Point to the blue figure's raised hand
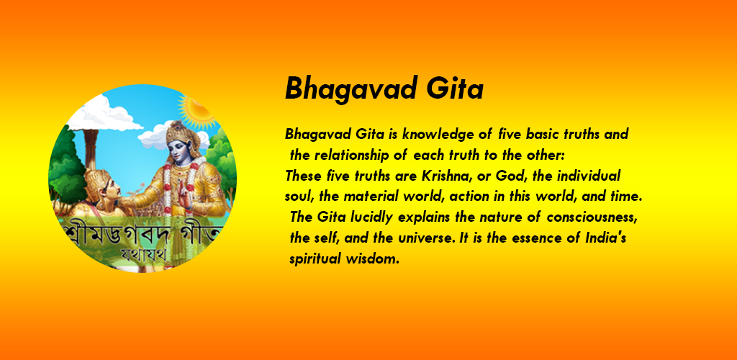188,198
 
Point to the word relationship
362,155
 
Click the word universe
426,238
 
